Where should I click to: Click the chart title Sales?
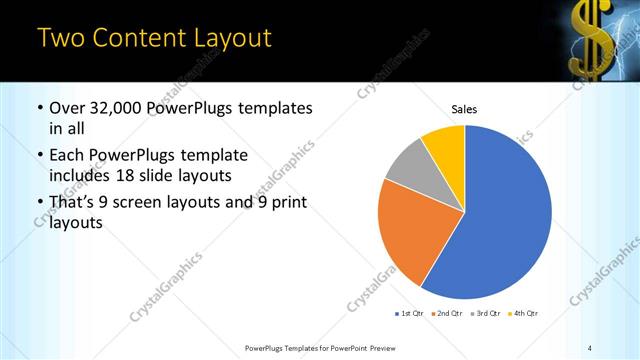click(464, 107)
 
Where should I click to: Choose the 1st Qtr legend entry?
click(410, 314)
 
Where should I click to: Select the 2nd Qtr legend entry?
click(446, 314)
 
